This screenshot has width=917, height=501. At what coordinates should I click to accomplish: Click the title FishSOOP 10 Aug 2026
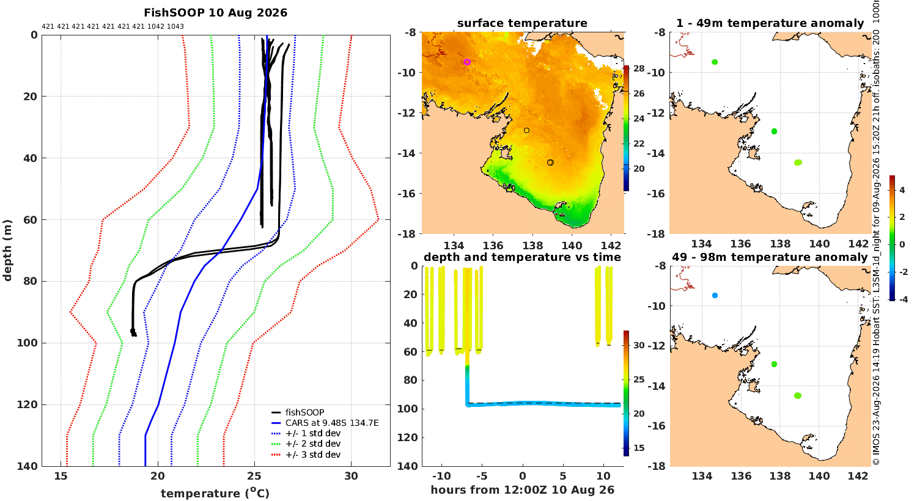215,13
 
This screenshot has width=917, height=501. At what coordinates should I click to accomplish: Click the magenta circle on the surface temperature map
467,62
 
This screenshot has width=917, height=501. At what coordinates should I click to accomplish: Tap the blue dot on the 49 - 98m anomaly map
715,295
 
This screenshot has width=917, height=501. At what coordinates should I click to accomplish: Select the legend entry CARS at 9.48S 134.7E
332,423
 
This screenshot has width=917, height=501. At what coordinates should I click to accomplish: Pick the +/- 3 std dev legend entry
313,455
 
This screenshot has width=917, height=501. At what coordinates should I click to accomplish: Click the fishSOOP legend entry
304,412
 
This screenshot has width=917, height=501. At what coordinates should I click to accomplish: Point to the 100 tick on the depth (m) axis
27,343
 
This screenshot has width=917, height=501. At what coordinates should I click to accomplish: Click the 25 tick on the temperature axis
254,476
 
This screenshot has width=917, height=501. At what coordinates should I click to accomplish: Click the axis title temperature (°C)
215,493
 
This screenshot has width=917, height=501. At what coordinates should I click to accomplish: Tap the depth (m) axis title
7,250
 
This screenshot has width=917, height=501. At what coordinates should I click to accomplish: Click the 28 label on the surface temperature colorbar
639,68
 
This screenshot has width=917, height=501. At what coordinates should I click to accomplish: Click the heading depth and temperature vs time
522,257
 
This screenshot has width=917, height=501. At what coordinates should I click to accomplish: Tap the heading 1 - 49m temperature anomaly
770,23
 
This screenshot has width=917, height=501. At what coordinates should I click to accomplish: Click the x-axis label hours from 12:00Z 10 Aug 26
522,489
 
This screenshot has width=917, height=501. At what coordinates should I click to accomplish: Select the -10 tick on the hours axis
441,476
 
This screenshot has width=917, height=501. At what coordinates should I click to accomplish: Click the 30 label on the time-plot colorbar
639,345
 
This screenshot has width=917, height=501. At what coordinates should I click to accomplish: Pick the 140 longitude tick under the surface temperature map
572,246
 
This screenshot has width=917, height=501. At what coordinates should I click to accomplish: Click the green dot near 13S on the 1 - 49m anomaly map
774,131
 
